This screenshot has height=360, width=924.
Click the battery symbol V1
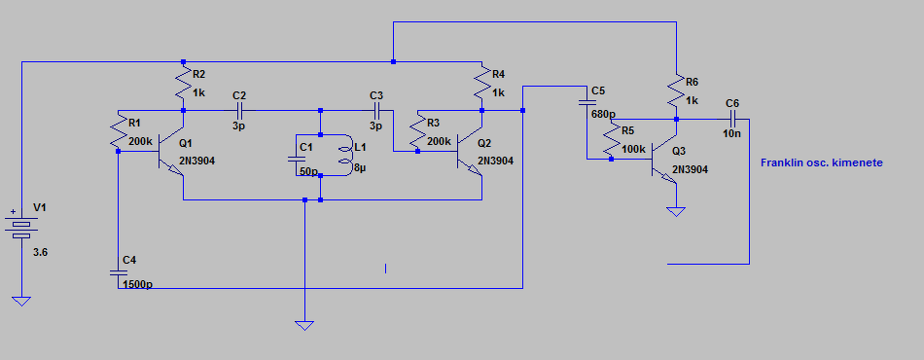[21, 227]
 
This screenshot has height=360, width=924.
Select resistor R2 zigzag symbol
[183, 85]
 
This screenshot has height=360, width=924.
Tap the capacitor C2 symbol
[240, 110]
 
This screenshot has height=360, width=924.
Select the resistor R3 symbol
[417, 132]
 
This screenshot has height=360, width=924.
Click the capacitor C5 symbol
[586, 102]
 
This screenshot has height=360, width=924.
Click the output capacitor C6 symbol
[732, 119]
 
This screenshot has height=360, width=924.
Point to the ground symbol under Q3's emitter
[676, 211]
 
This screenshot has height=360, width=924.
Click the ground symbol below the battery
[21, 301]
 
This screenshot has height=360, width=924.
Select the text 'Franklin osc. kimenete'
[822, 162]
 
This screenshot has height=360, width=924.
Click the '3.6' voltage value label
[41, 252]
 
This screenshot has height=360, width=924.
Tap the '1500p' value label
[137, 284]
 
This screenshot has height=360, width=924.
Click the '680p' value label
[603, 114]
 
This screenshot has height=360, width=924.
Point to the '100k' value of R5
[633, 149]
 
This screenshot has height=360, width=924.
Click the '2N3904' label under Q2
[496, 161]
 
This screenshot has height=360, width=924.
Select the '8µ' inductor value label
[360, 168]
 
